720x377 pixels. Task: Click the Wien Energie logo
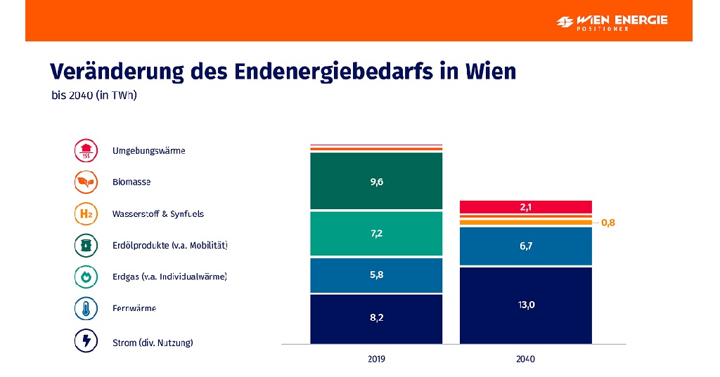[612, 22]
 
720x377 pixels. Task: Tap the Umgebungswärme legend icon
[86, 150]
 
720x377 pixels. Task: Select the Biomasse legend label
[131, 182]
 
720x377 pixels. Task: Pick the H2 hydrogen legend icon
[86, 213]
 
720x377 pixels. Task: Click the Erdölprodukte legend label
[170, 245]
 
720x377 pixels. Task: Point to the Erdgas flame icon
[86, 277]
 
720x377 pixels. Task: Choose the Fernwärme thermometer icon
[86, 308]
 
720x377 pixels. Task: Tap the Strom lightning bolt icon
[86, 342]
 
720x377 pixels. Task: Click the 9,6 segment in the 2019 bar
[376, 181]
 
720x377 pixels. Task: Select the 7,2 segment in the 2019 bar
[376, 233]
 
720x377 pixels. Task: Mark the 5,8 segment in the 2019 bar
[376, 275]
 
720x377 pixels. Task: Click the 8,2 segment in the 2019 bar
[376, 318]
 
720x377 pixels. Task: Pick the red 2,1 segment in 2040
[525, 206]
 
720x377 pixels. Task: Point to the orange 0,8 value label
[608, 223]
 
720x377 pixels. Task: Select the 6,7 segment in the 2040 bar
[525, 246]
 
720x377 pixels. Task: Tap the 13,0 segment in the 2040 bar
[525, 305]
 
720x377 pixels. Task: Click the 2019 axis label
[376, 359]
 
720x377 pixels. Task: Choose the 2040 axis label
[525, 359]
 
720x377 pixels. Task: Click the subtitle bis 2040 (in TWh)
[94, 95]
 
